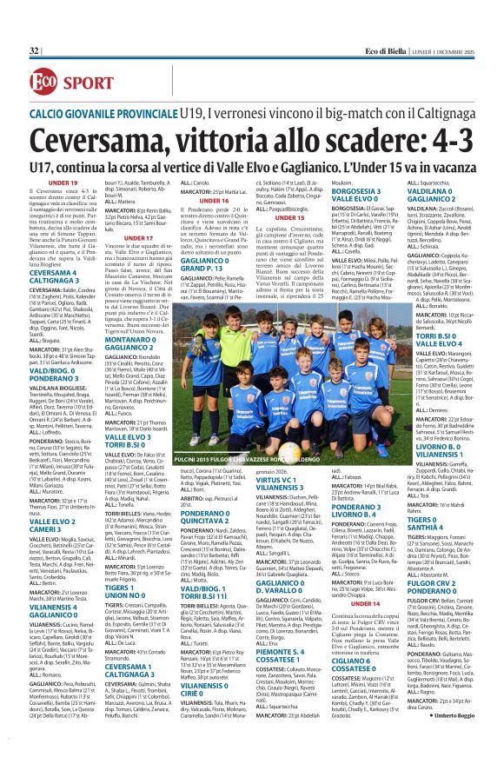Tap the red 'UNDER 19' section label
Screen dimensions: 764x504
(63, 183)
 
